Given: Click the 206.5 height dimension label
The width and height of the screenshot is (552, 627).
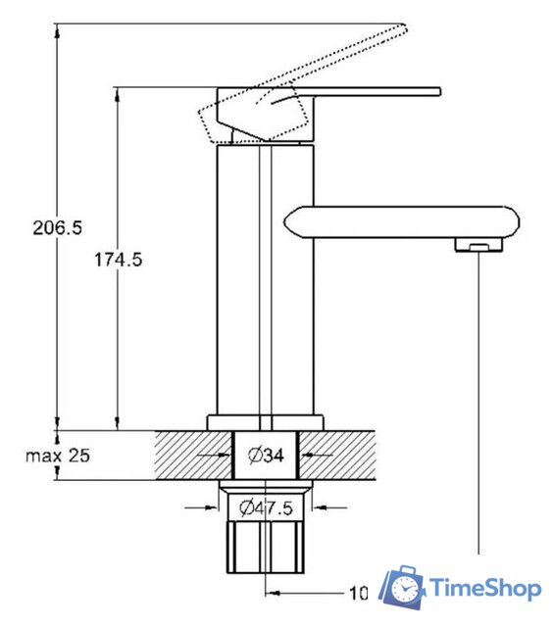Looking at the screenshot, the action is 57,227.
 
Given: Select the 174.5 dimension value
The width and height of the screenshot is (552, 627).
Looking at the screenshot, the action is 118,260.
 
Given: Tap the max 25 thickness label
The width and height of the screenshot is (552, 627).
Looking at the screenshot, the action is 58,456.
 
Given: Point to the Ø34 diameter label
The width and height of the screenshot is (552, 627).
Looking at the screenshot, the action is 266,455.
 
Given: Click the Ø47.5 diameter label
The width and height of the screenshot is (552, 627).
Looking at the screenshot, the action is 266,507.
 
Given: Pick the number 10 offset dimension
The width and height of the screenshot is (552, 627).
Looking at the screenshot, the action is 359,594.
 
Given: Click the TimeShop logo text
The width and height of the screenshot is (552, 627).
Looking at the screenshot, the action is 485,589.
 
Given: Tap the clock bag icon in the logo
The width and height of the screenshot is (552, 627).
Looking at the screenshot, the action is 402,587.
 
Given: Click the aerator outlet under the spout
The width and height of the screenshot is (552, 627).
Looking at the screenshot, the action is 478,245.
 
